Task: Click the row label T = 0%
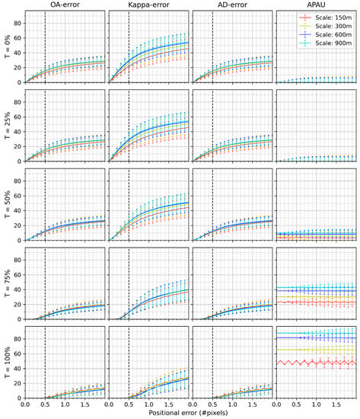5,46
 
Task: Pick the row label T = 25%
5,125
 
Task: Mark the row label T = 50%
5,204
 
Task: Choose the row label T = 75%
5,283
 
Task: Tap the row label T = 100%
5,363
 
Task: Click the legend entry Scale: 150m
329,18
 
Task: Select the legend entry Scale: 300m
329,27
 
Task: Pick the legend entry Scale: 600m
329,37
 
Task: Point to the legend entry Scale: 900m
329,46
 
